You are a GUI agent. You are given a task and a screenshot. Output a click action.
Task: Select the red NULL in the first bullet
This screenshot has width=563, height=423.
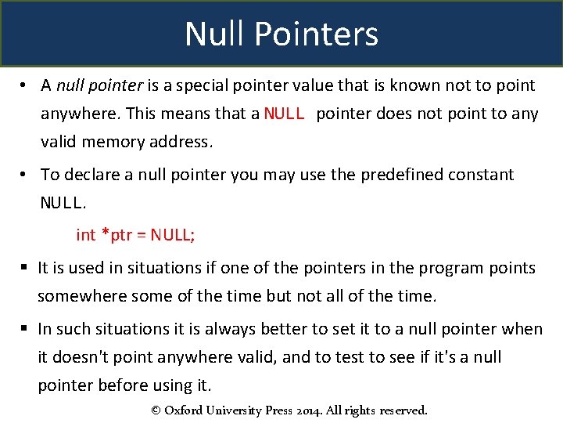click(285, 114)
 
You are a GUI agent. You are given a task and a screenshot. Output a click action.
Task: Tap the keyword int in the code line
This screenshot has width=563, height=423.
click(85, 235)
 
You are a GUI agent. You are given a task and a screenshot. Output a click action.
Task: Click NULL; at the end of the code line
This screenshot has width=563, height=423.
click(174, 235)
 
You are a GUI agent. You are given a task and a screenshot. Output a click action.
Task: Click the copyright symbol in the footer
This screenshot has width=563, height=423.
click(155, 410)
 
